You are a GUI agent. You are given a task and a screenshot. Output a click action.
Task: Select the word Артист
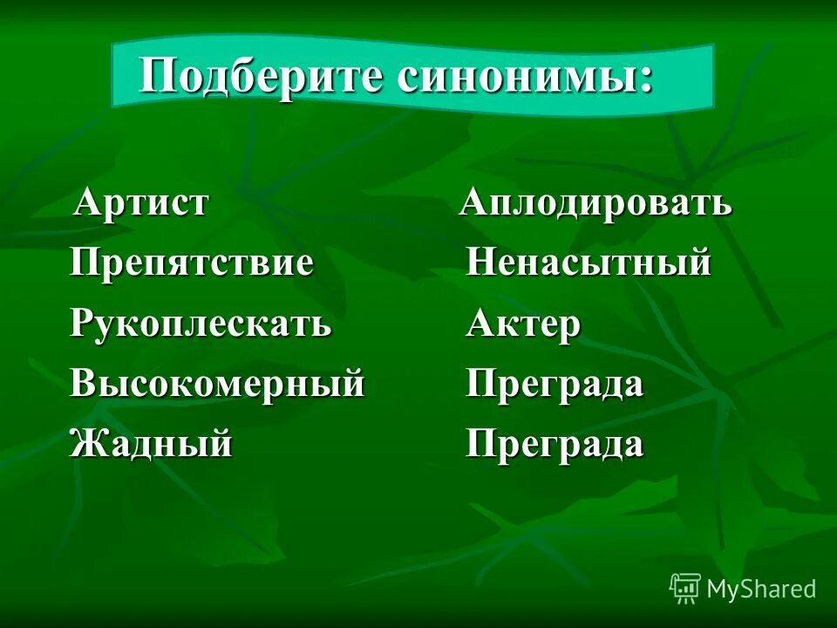click(142, 203)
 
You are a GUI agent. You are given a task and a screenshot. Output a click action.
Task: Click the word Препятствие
click(192, 263)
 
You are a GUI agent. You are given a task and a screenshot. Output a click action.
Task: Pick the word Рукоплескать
click(201, 324)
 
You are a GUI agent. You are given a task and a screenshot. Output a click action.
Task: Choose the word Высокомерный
click(217, 384)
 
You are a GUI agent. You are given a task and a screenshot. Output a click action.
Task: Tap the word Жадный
click(152, 444)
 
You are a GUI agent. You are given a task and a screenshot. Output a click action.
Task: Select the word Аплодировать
click(596, 203)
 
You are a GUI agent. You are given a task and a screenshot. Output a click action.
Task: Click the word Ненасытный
click(589, 263)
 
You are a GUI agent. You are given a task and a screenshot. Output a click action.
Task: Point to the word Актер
click(523, 324)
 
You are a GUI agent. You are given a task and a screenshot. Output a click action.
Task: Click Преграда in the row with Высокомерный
click(555, 384)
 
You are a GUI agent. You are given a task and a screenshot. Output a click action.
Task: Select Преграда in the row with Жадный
click(555, 444)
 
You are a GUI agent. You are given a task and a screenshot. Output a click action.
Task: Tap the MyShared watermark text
click(761, 589)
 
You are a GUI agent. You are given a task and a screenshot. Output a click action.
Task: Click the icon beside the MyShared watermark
click(685, 589)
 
